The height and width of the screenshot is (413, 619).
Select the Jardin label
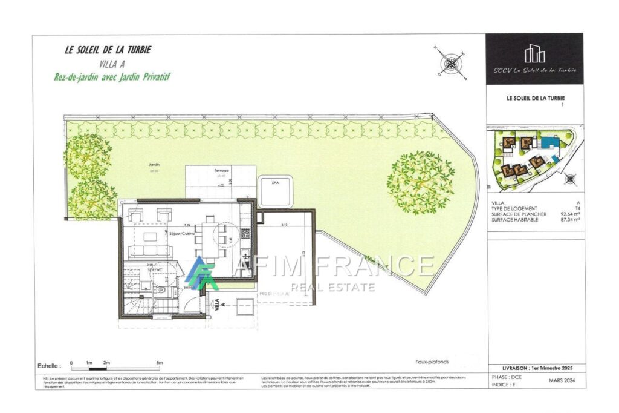[143, 165]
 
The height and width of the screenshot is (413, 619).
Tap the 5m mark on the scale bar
[159, 362]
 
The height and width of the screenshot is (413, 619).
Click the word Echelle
[49, 366]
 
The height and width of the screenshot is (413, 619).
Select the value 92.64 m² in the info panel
[571, 214]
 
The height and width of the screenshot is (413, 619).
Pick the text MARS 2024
[561, 382]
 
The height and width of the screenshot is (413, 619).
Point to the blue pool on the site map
[549, 144]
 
